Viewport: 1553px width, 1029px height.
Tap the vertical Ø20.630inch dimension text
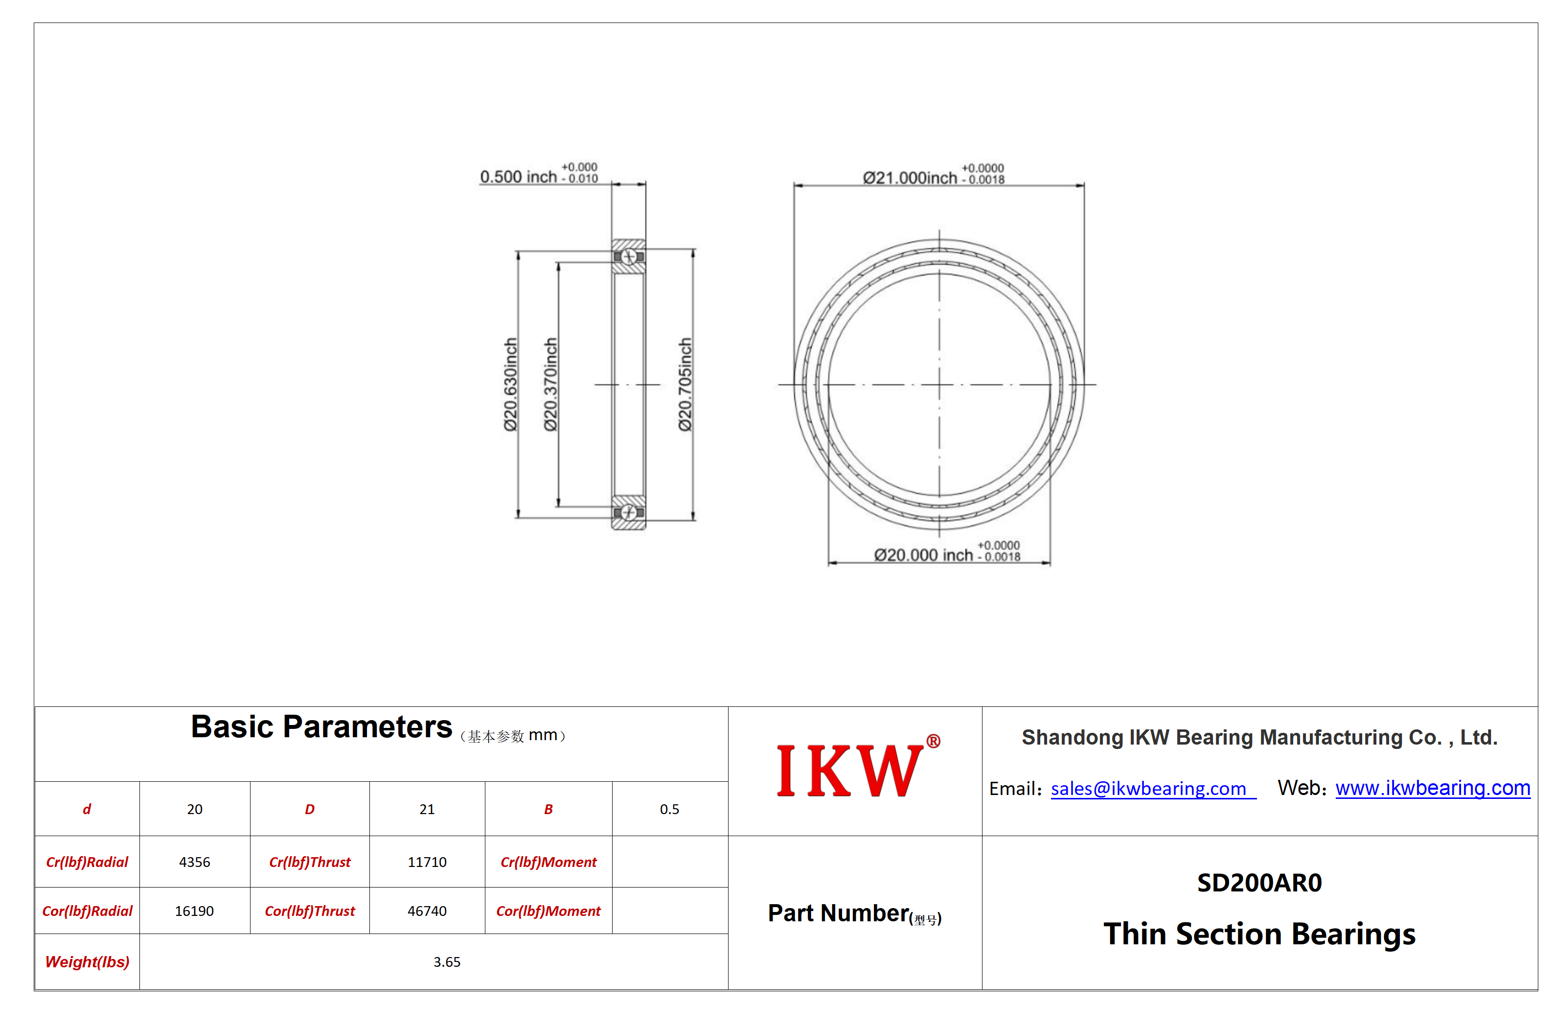click(510, 385)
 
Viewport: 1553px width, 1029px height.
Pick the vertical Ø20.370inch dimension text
click(550, 385)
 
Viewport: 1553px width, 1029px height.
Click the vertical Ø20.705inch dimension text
click(685, 385)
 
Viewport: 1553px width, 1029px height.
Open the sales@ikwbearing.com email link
click(1148, 788)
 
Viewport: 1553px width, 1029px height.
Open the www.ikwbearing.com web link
click(1432, 788)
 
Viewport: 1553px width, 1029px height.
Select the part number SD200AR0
click(1259, 883)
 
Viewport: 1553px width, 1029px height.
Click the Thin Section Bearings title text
click(1259, 934)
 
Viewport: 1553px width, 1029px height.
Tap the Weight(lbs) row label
click(87, 961)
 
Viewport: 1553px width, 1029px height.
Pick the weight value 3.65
click(447, 961)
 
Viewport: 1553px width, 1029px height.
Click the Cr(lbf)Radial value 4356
click(195, 862)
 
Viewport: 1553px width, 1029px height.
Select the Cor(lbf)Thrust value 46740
click(427, 911)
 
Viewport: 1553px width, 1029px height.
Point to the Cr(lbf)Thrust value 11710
click(427, 862)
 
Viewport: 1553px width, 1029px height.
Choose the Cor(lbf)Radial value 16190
click(194, 911)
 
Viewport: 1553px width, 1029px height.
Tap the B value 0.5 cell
click(670, 809)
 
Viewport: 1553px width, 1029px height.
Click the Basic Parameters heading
click(321, 726)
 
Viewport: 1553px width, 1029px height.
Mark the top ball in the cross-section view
click(628, 257)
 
